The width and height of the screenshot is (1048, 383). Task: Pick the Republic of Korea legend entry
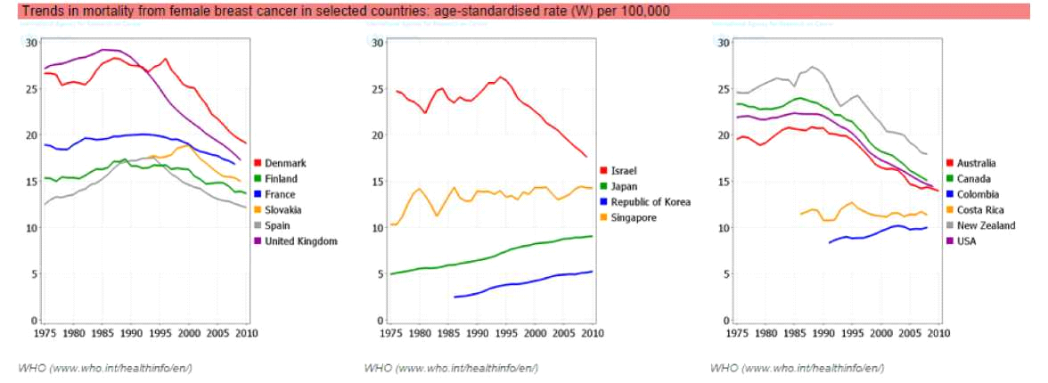tap(651, 202)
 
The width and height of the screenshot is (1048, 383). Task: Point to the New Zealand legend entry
tap(981, 225)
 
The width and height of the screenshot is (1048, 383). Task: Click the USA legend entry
tap(965, 241)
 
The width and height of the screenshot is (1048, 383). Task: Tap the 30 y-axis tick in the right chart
tap(723, 43)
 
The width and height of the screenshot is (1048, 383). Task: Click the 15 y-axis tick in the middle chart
tap(377, 182)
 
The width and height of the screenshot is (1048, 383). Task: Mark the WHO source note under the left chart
tap(105, 368)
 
